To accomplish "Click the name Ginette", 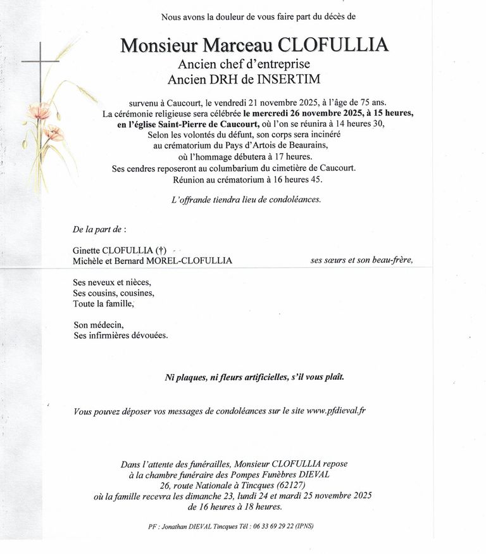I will (x=87, y=250).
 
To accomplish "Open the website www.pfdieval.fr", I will (x=336, y=411).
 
